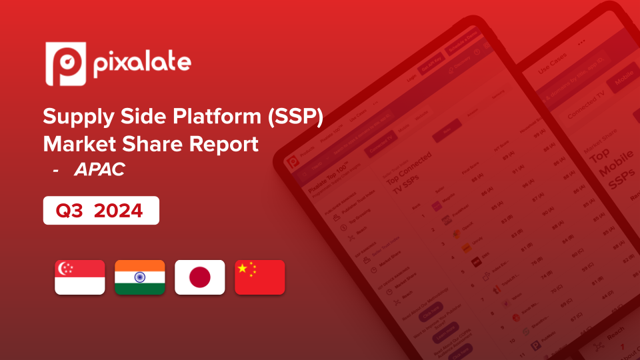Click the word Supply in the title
80,116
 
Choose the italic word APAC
99,170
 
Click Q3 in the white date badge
71,211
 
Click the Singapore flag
80,277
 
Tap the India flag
140,277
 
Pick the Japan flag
200,277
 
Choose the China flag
260,277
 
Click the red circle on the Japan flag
200,277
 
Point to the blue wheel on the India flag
140,277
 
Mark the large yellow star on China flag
244,269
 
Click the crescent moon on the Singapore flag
65,269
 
